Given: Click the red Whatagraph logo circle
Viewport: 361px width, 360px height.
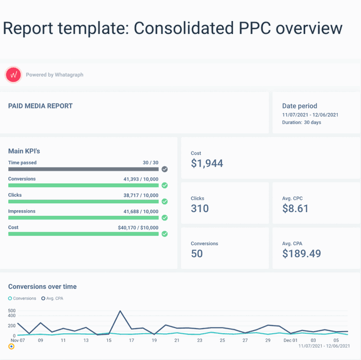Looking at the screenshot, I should (13, 75).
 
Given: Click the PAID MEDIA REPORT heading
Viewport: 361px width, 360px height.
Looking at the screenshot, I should (40, 106).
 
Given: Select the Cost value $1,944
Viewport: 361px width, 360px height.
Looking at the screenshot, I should (207, 163).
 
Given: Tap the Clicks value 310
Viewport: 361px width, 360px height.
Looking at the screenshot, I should (200, 208).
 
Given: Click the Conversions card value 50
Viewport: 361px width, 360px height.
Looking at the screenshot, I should (196, 253).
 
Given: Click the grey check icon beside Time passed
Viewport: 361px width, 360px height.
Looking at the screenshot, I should (165, 169).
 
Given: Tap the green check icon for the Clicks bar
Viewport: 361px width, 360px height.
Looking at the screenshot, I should (165, 201).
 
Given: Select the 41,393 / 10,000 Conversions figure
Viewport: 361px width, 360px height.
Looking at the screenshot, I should (138, 179).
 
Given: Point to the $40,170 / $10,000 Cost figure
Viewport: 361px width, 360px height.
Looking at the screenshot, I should (138, 227).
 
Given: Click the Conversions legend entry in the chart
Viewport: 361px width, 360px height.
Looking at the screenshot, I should (22, 299).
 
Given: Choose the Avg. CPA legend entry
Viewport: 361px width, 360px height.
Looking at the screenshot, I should (54, 299).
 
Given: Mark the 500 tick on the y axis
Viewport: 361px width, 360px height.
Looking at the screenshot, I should (12, 311).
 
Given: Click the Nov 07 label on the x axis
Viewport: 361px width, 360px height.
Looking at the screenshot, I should (18, 340).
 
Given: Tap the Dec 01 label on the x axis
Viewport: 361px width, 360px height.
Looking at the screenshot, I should (291, 340).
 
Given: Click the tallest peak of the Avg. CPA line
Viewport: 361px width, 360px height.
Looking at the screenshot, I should (120, 311).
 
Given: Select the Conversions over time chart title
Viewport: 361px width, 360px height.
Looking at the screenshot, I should (42, 287).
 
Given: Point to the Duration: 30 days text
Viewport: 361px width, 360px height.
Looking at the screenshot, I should (301, 123).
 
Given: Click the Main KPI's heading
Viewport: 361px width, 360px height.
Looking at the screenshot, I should (24, 151).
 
